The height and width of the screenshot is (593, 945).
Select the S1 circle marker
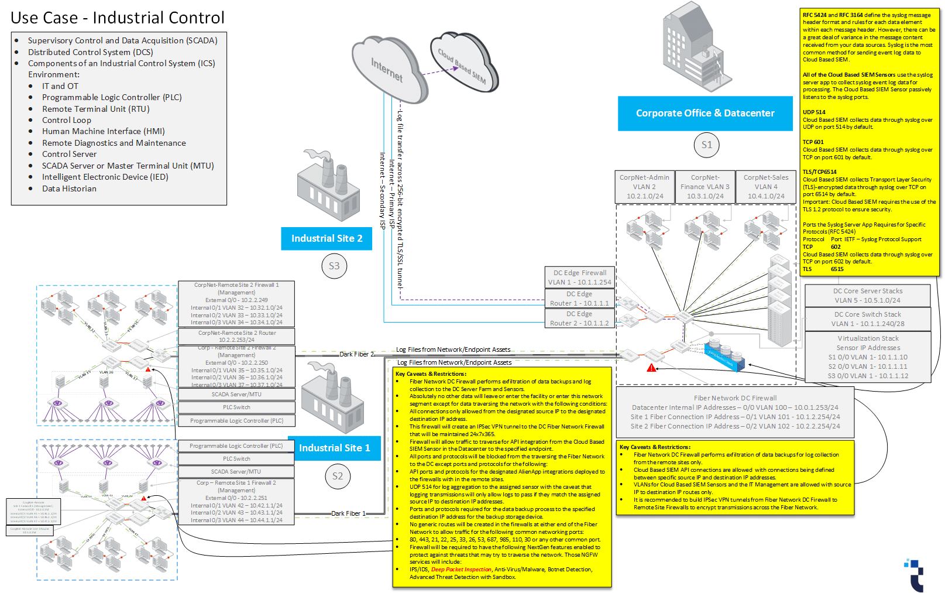707,145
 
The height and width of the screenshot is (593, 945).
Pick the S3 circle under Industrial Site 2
334,266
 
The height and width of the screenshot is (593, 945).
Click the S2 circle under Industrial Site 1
338,476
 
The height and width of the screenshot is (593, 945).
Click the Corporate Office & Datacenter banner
705,114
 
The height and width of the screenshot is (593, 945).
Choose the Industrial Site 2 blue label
327,239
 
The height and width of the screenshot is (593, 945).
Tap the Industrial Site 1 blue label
334,448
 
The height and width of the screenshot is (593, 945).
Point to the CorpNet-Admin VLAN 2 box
645,187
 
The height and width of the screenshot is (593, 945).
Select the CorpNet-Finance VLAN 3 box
705,187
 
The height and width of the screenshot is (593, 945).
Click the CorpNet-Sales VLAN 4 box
766,187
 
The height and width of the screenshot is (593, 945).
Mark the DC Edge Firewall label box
579,277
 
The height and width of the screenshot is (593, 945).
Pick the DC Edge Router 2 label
579,318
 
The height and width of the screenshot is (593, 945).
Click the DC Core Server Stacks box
868,296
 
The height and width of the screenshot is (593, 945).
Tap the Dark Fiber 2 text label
356,354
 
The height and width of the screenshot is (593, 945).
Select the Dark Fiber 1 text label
348,513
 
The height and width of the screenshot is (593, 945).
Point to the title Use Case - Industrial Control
118,18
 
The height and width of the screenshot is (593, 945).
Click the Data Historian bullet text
69,188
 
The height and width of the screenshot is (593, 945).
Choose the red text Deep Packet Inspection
461,570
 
